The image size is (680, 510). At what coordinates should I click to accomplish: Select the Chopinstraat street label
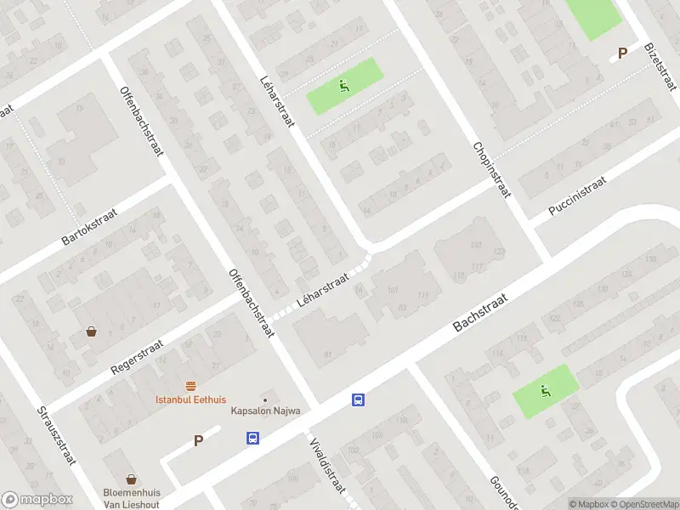pyautogui.click(x=490, y=170)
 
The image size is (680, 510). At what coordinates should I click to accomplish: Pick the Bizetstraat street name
pyautogui.click(x=660, y=66)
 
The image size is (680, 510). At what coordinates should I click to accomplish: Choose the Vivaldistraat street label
pyautogui.click(x=327, y=462)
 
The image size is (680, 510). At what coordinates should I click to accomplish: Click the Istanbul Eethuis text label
pyautogui.click(x=190, y=399)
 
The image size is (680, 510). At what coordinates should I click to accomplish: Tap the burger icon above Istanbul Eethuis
pyautogui.click(x=190, y=386)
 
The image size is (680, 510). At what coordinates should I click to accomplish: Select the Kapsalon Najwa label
pyautogui.click(x=267, y=411)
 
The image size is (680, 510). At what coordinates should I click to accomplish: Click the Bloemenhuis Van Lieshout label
pyautogui.click(x=133, y=497)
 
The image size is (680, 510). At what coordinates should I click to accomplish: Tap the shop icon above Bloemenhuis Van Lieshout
pyautogui.click(x=132, y=479)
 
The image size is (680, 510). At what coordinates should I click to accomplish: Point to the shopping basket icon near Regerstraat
pyautogui.click(x=91, y=332)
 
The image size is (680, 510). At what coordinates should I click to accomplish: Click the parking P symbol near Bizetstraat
pyautogui.click(x=622, y=53)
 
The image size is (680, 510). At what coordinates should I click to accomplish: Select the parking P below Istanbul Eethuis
pyautogui.click(x=199, y=440)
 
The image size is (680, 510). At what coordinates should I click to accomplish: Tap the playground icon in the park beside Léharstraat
pyautogui.click(x=344, y=84)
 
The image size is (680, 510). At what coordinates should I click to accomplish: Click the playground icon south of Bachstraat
pyautogui.click(x=545, y=391)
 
